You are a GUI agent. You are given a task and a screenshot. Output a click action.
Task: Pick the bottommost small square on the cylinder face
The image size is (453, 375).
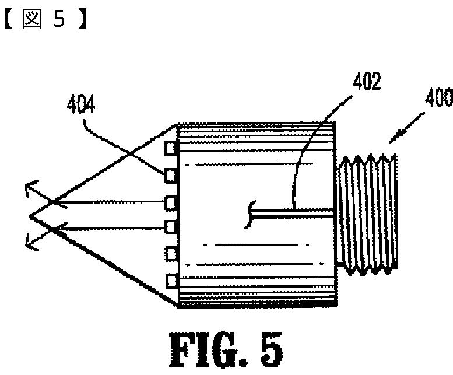[171, 281]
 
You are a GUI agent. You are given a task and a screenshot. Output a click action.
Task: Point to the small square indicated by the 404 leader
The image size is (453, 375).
[171, 174]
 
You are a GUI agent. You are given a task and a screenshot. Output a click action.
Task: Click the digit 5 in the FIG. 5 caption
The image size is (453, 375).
[268, 348]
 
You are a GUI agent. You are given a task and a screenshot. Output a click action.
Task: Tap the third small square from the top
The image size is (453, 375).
[171, 202]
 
